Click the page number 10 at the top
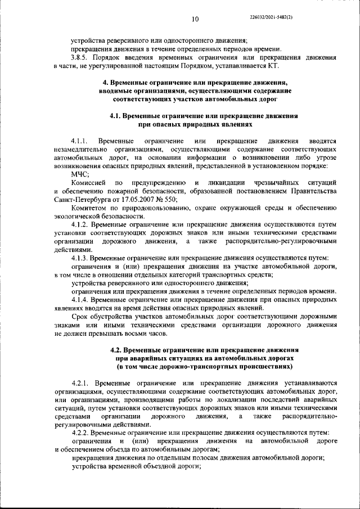click(x=195, y=20)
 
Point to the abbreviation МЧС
click(x=73, y=174)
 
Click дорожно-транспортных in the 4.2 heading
click(x=193, y=366)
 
